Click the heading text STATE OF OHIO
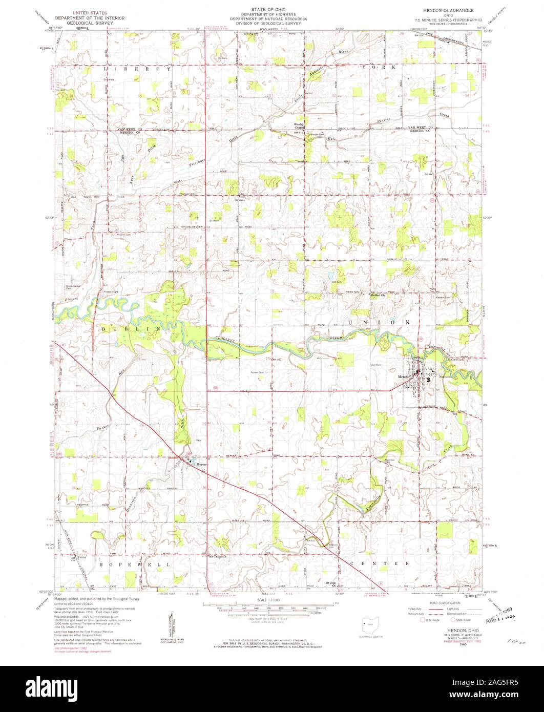click(268, 10)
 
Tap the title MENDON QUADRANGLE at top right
click(448, 10)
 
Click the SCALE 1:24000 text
click(271, 599)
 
